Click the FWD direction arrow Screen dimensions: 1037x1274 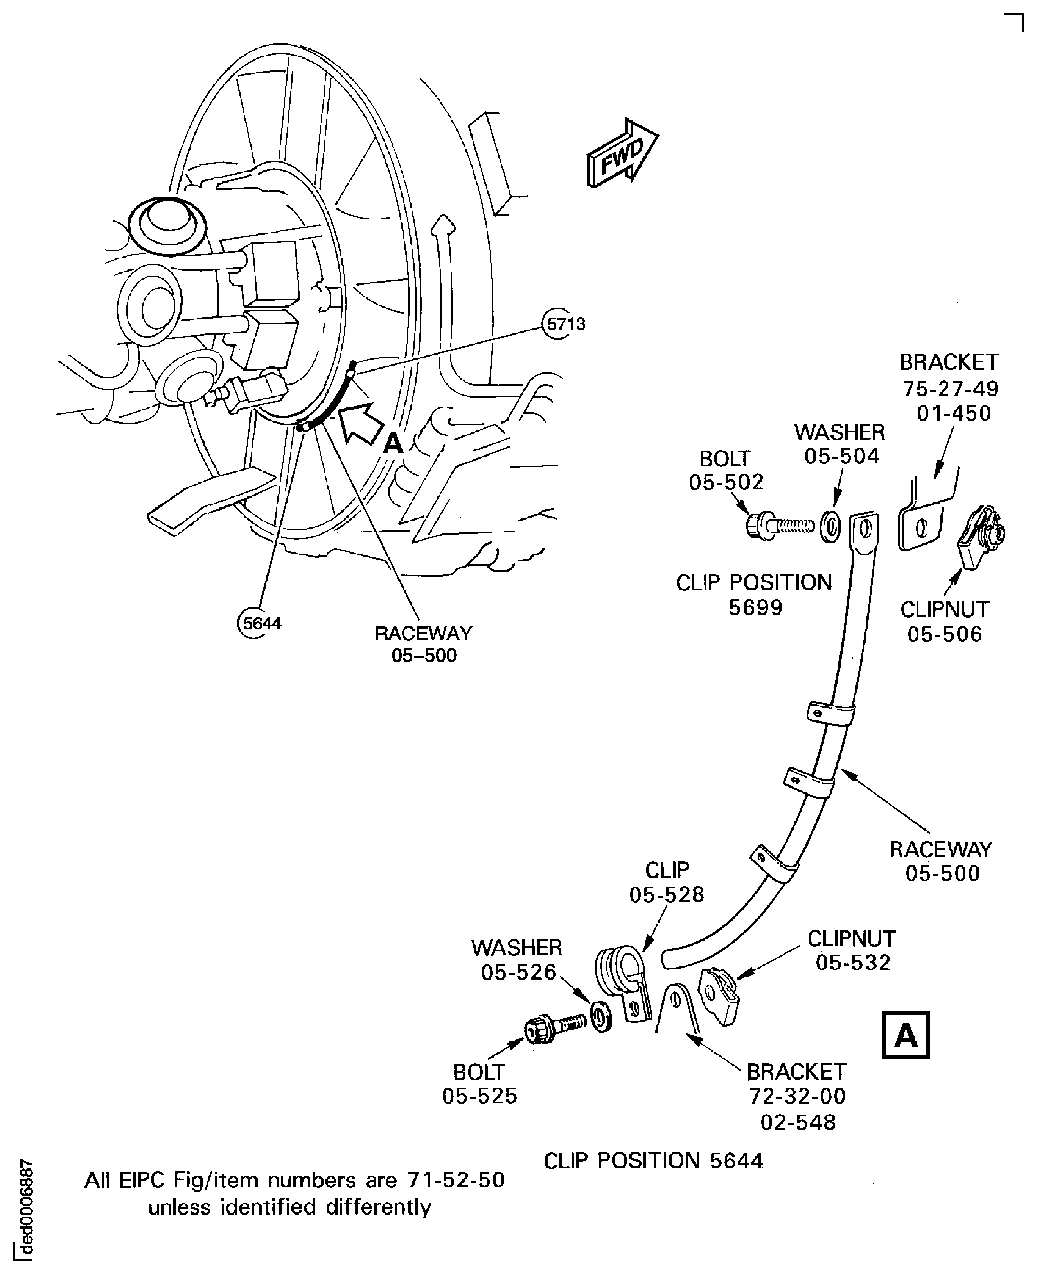pos(622,153)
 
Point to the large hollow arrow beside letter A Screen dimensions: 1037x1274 pos(363,422)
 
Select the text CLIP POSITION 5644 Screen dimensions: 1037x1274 pos(654,1161)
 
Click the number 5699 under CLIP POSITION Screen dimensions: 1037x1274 pos(755,608)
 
